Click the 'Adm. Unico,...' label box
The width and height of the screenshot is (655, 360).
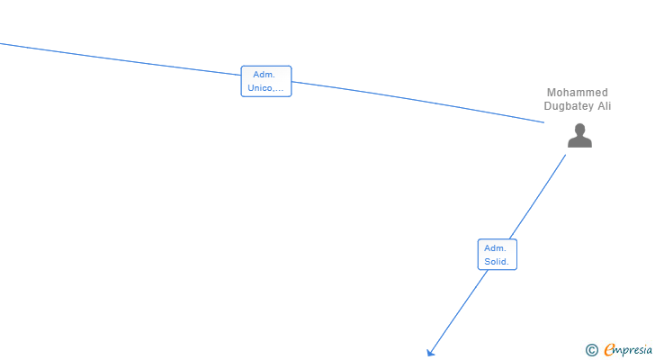pos(266,81)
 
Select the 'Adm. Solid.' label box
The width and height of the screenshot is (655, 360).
pos(497,255)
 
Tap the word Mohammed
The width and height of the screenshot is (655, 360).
pos(577,93)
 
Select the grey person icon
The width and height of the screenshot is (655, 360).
pos(579,135)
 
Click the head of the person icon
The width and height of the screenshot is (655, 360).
pos(579,129)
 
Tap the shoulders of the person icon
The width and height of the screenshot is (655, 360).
pos(579,141)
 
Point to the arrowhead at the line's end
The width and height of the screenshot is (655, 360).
pos(430,353)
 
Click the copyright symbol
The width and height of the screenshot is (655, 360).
pos(591,350)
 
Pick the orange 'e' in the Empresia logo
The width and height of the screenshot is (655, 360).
pos(609,349)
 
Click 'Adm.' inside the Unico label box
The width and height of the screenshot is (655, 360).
pos(265,75)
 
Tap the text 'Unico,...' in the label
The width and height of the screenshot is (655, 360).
pos(266,88)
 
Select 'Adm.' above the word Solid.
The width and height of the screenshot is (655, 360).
pos(496,248)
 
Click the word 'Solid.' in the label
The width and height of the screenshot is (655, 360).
pos(497,262)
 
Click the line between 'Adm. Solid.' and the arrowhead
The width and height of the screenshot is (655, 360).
pos(459,311)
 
